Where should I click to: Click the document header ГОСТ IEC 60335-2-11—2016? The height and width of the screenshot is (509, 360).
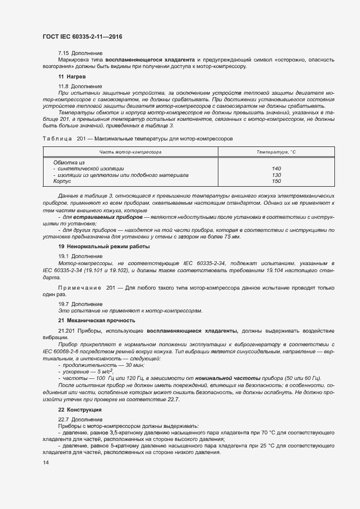click(82, 36)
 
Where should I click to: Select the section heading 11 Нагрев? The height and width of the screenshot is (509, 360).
click(71, 77)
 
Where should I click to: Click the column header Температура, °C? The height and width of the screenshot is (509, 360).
click(276, 152)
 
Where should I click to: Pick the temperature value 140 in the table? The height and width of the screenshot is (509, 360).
click(276, 169)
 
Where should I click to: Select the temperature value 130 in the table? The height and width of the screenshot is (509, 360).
click(276, 175)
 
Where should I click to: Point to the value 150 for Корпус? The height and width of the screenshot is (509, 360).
click(276, 181)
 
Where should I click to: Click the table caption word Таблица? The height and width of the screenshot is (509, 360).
click(57, 139)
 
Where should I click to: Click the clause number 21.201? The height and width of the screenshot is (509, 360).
click(66, 330)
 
